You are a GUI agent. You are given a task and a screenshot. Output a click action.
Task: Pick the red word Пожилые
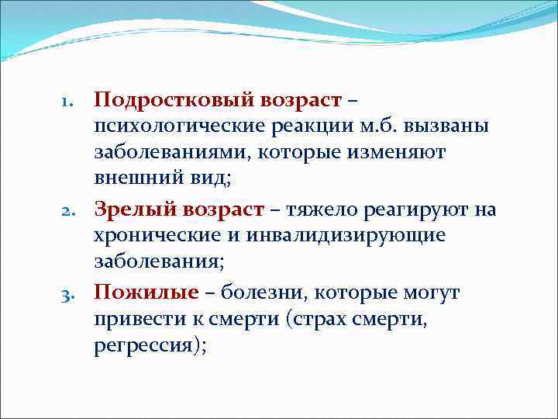[145, 293]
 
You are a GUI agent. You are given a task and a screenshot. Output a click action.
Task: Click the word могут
[431, 293]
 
